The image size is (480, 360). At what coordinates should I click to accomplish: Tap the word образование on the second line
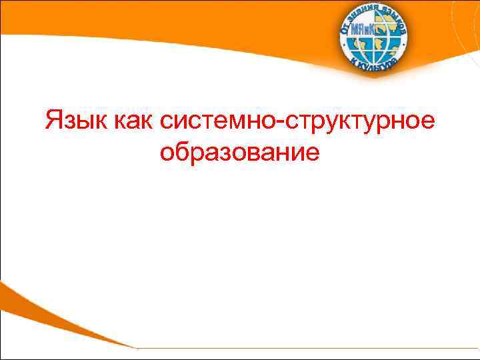click(240, 153)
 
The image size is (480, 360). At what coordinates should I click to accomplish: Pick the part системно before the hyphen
click(222, 121)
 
